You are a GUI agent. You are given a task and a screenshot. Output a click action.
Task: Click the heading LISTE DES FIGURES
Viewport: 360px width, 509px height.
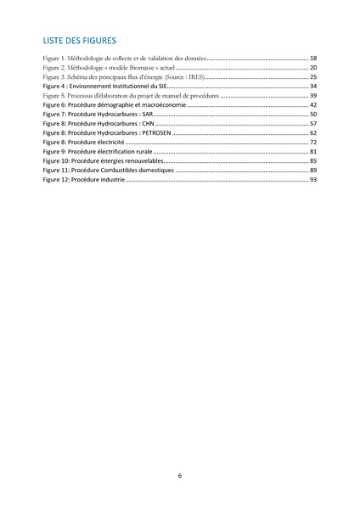(80, 40)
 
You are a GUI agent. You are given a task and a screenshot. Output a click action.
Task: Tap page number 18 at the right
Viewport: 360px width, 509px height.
(313, 56)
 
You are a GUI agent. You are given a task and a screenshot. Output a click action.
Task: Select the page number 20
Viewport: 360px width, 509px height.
(313, 66)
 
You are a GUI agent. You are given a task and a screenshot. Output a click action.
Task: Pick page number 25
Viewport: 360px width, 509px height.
(313, 76)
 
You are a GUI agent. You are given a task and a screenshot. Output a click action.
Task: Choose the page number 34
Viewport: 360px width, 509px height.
(313, 87)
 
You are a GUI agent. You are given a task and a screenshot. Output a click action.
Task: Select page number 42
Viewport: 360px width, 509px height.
(313, 105)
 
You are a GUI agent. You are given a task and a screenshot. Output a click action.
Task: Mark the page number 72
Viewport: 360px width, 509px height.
(313, 143)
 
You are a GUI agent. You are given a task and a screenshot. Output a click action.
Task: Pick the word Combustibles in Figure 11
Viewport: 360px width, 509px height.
(112, 171)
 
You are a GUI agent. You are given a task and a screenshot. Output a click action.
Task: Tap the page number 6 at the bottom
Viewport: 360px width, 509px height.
(180, 476)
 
